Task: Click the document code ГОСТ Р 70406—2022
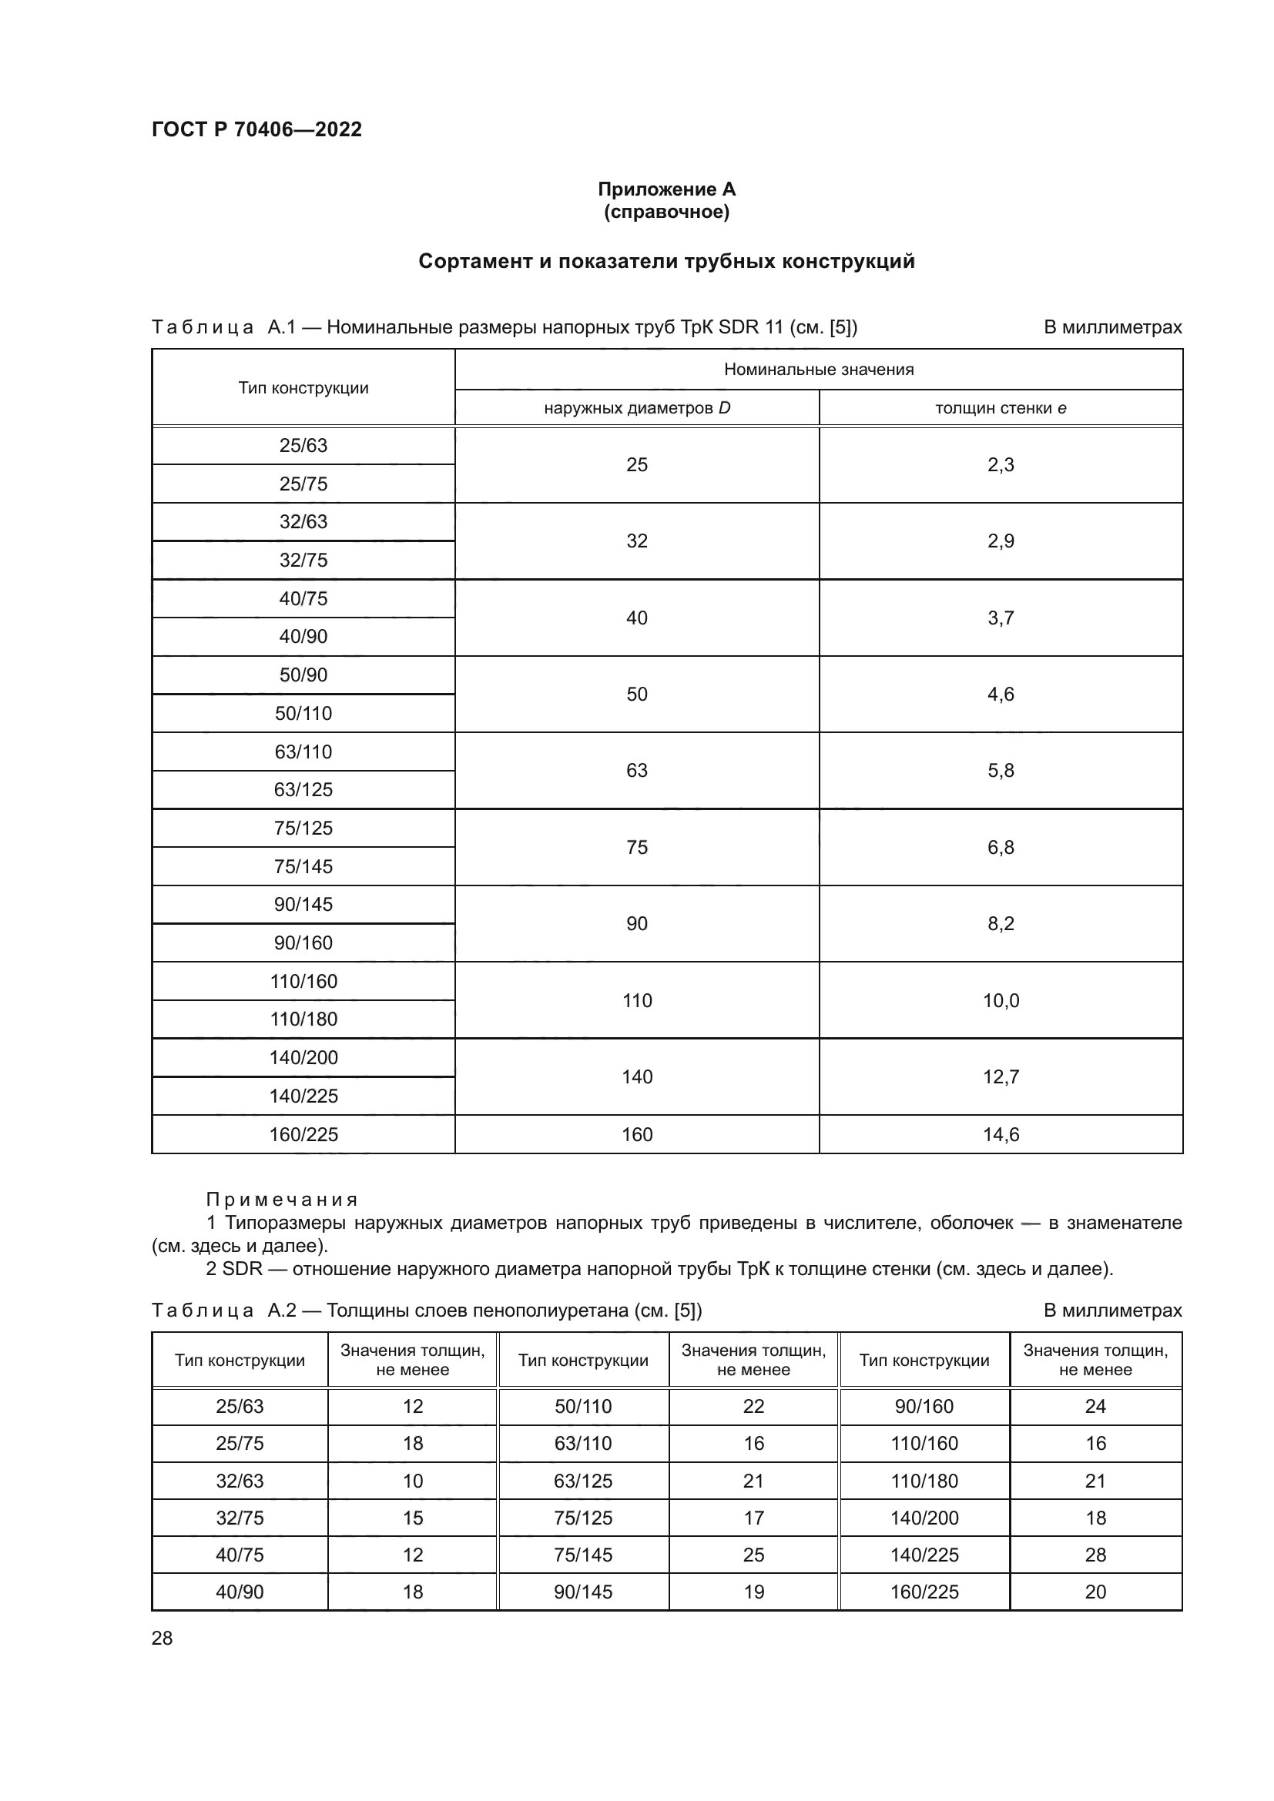point(256,129)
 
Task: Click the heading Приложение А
point(666,189)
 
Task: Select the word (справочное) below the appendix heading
point(666,212)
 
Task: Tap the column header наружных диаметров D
point(636,408)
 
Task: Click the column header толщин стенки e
point(1001,408)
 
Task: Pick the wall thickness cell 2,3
point(1001,465)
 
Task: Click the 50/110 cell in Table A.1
point(303,713)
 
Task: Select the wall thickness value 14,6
point(1001,1134)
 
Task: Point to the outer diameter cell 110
point(636,1000)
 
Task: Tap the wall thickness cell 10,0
point(1001,1000)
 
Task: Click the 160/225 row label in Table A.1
point(303,1134)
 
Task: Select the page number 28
point(162,1638)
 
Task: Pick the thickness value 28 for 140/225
point(1095,1555)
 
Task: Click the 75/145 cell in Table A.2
point(582,1555)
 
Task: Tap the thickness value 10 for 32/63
point(413,1481)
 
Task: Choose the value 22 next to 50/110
point(753,1407)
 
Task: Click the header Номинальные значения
point(818,370)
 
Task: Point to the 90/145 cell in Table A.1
point(303,905)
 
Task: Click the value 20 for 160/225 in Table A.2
point(1095,1592)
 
